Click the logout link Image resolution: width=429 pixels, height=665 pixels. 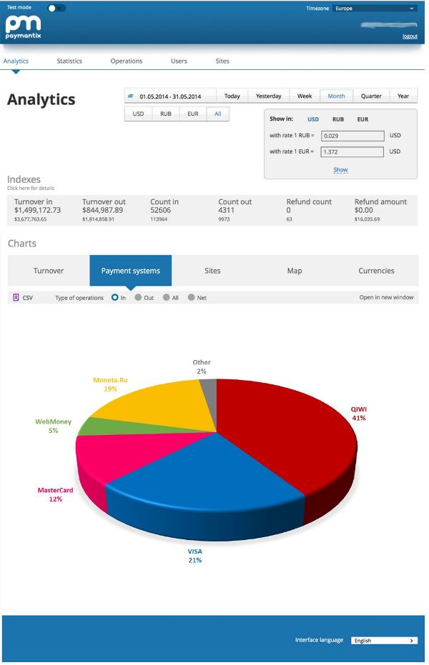pos(410,36)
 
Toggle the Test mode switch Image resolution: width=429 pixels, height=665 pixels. pos(56,8)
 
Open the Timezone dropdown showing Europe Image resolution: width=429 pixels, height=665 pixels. pos(375,9)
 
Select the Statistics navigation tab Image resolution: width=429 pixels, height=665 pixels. pos(69,61)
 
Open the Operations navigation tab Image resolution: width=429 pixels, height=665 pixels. pos(127,61)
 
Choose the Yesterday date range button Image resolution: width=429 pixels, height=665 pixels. pos(269,96)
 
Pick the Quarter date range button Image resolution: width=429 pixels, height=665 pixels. pos(371,96)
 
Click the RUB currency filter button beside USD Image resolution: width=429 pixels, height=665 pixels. pos(166,114)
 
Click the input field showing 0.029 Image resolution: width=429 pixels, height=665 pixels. pos(352,135)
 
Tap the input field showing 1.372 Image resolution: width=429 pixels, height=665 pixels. pos(352,151)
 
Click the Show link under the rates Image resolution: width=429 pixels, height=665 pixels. pos(340,170)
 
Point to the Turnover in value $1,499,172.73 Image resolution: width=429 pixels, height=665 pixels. pos(38,210)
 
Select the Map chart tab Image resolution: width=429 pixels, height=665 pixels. pos(295,271)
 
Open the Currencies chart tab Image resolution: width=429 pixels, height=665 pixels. pos(376,271)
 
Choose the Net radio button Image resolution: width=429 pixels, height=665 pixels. pos(192,298)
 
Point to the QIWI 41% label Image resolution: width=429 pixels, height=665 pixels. pos(358,414)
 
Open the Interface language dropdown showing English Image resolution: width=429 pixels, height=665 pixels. pos(385,641)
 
